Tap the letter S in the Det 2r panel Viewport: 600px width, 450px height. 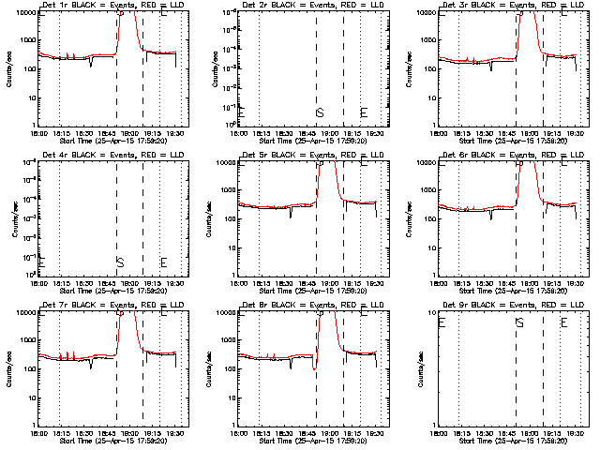[x=320, y=112]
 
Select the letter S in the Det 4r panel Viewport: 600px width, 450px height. [x=119, y=262]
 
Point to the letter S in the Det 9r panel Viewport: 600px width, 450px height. [x=519, y=322]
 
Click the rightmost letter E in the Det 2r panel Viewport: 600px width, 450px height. [x=364, y=112]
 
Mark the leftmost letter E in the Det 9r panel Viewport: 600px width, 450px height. [x=442, y=322]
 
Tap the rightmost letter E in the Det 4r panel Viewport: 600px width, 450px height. [x=163, y=262]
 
